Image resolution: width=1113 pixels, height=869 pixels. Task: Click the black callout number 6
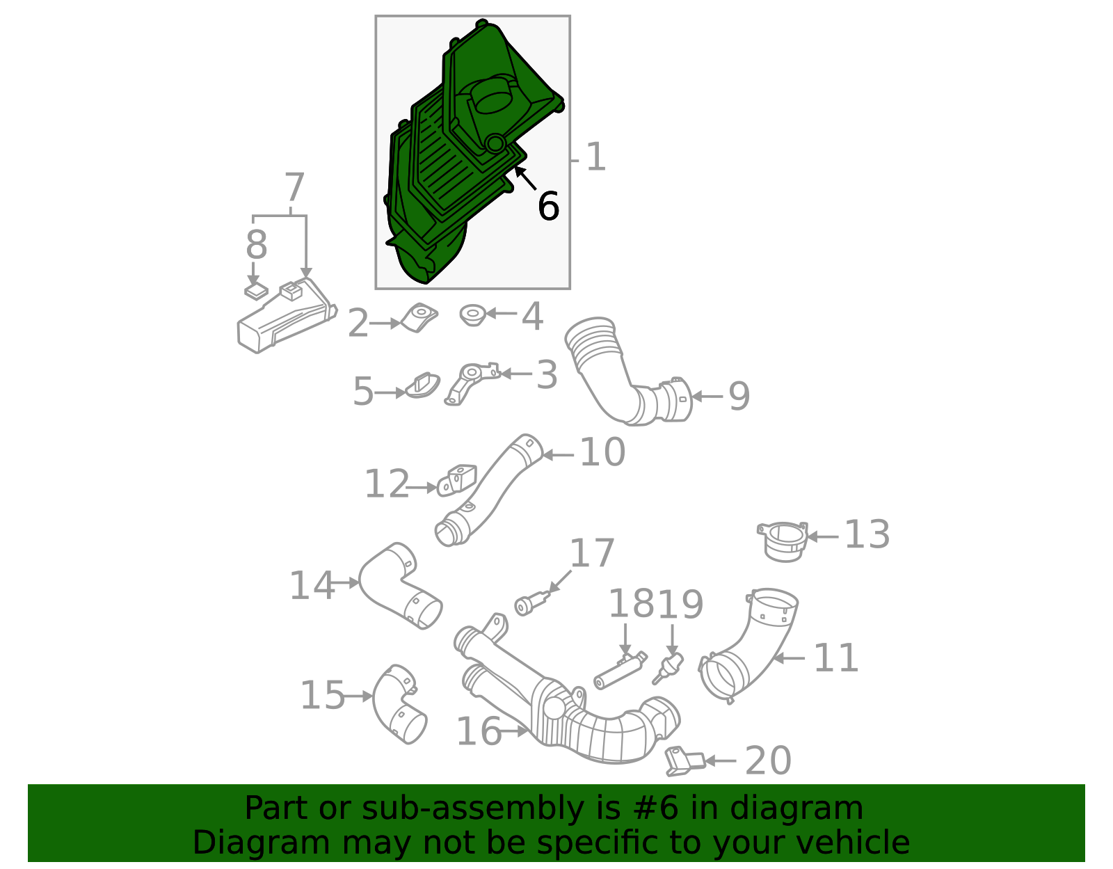click(x=548, y=206)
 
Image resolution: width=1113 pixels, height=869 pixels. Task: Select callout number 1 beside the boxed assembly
click(x=595, y=157)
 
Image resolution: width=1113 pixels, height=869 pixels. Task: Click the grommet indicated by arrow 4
click(x=473, y=314)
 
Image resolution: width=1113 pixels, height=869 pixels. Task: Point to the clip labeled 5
click(x=423, y=385)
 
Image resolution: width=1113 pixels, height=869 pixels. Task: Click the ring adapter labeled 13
click(x=782, y=542)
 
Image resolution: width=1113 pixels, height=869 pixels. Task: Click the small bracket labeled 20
click(x=684, y=761)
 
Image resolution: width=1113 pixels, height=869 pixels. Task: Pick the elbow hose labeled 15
click(x=399, y=704)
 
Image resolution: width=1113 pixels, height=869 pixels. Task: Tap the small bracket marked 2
click(x=419, y=317)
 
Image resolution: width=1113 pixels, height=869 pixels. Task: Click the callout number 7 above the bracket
click(x=294, y=187)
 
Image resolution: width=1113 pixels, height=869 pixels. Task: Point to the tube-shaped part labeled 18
click(x=620, y=670)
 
